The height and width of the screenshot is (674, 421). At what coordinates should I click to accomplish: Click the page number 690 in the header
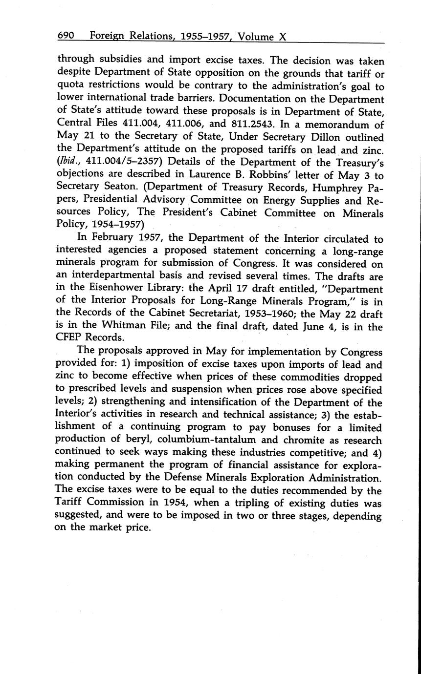pyautogui.click(x=66, y=36)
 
